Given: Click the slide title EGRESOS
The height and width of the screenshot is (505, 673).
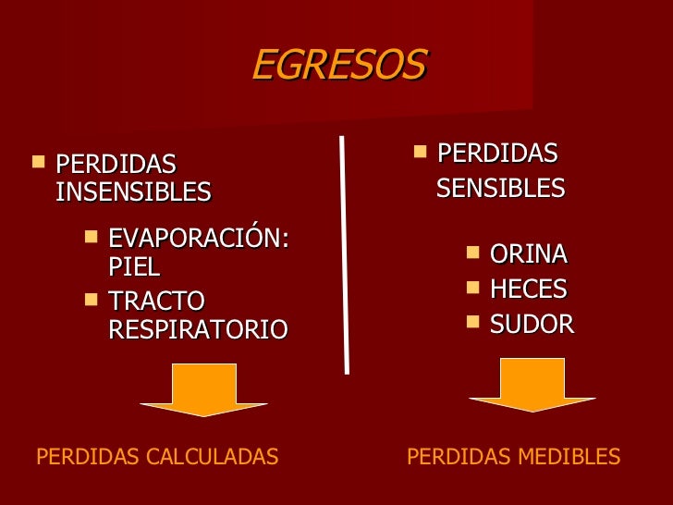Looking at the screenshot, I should [x=338, y=66].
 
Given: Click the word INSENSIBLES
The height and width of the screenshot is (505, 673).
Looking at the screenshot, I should [x=133, y=192].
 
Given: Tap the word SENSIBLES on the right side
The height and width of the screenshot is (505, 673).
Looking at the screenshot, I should [x=500, y=189].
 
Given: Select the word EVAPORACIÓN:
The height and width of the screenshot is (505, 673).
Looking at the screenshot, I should [x=199, y=239].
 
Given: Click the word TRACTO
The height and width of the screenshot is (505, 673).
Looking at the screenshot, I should [x=156, y=302].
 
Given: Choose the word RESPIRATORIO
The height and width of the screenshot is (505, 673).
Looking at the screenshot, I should [x=198, y=329].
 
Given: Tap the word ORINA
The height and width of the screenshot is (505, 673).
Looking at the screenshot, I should [x=528, y=254].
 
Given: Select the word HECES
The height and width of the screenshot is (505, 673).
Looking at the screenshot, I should [x=528, y=289].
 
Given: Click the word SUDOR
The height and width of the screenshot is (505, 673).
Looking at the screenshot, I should [x=532, y=325].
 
